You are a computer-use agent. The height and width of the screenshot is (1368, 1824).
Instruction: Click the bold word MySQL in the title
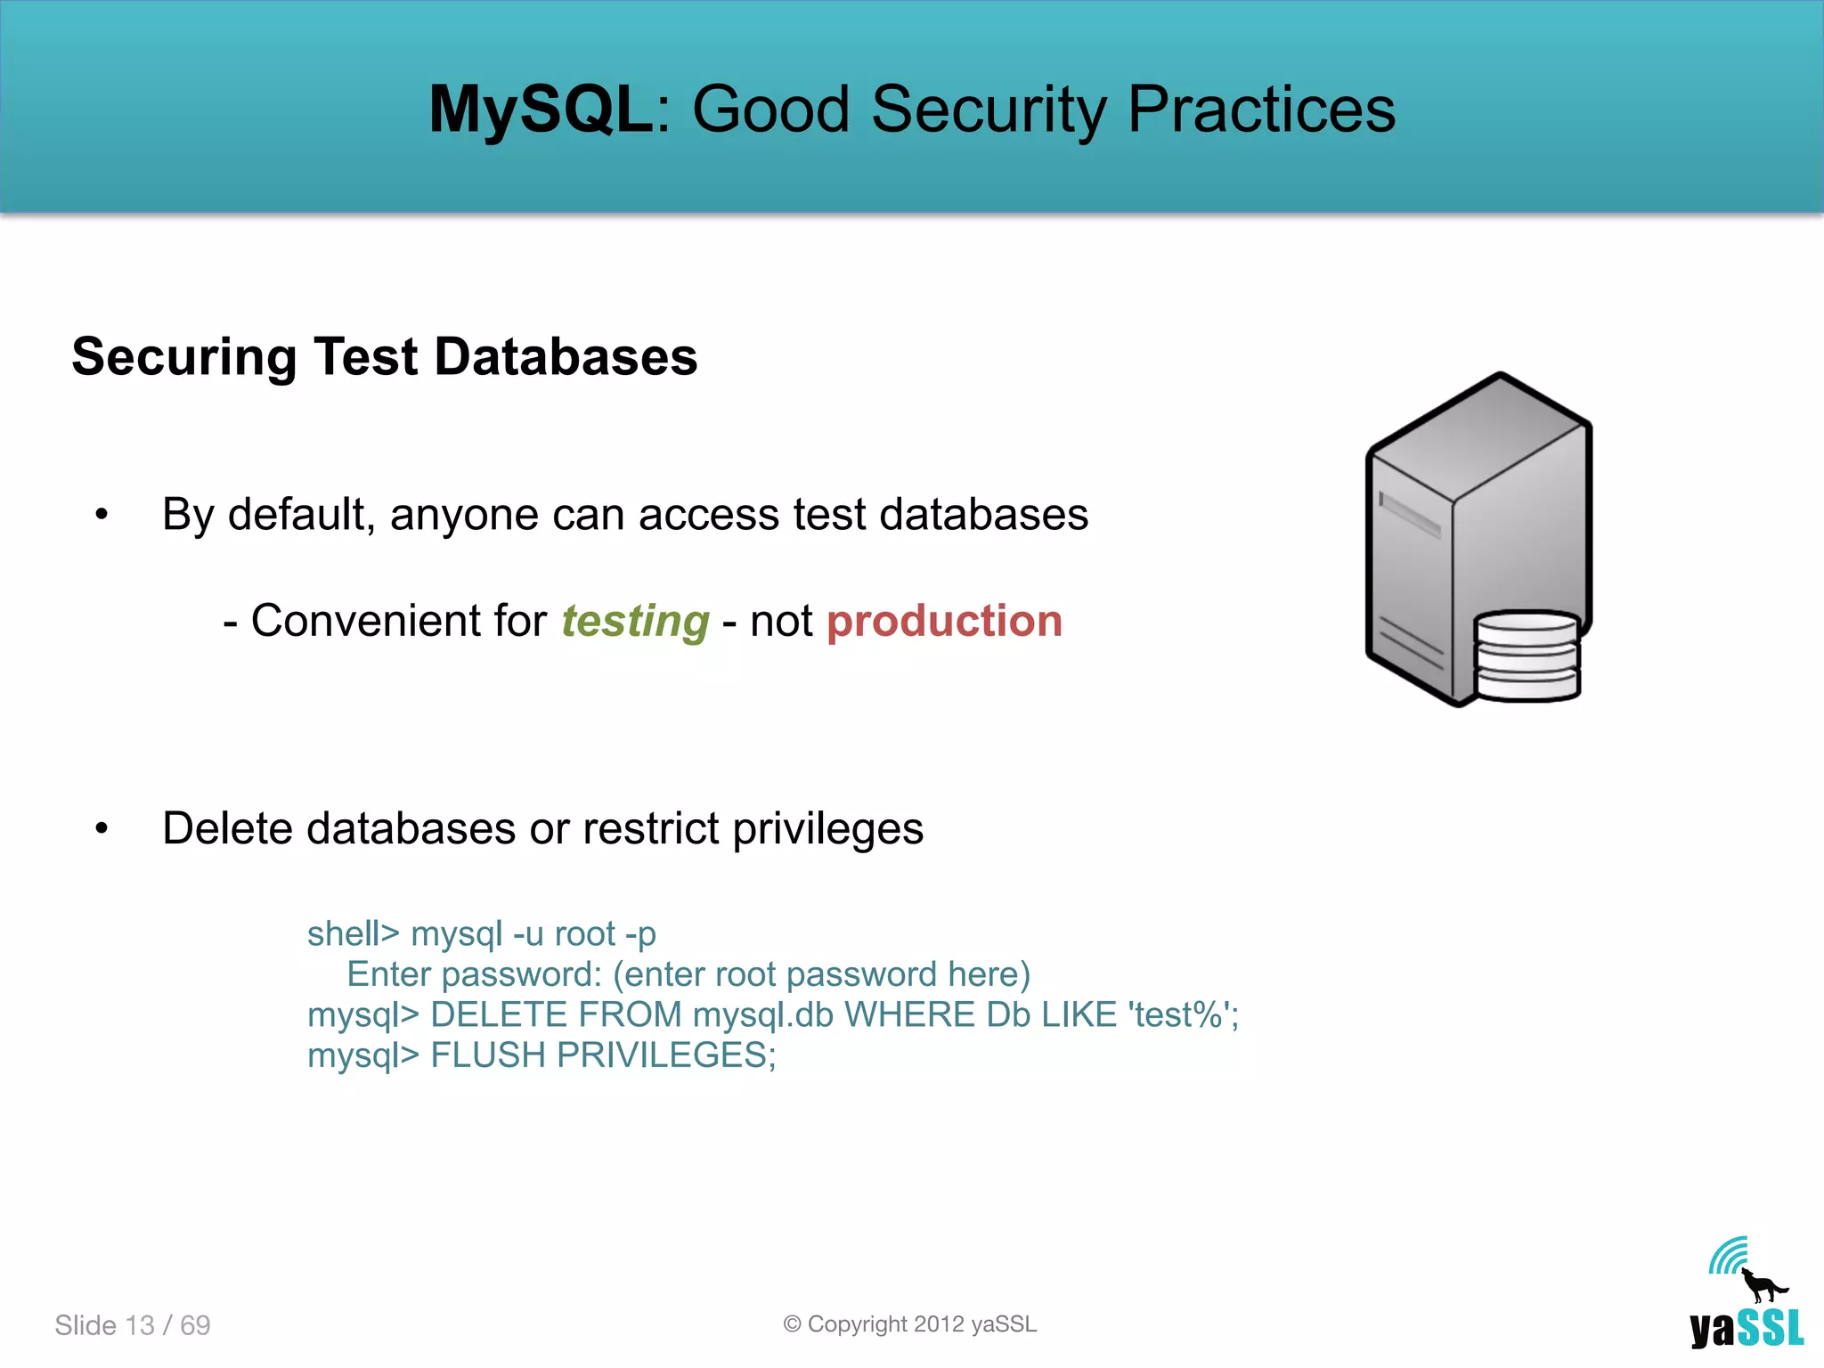tap(541, 110)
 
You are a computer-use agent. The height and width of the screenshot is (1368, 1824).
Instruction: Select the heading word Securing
tap(183, 357)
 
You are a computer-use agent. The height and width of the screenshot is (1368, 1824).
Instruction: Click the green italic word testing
tap(635, 621)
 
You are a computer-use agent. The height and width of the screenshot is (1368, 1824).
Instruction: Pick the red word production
tap(944, 621)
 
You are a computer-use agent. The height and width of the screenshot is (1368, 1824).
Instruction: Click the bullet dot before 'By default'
tap(102, 514)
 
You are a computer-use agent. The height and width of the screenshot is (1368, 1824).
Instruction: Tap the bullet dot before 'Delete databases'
tap(102, 828)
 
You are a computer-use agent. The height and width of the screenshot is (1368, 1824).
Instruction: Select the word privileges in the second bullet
tap(827, 829)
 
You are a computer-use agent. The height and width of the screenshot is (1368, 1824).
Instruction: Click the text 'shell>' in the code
tap(353, 934)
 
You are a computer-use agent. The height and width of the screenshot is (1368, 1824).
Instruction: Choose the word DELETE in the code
tap(499, 1015)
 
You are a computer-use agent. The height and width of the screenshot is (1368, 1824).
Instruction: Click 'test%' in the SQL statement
tap(1179, 1015)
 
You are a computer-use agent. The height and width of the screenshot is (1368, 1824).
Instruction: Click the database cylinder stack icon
tap(1527, 656)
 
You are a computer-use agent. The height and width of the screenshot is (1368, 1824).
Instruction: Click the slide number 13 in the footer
tap(140, 1325)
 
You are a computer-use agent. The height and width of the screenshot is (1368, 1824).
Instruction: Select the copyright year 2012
tap(939, 1324)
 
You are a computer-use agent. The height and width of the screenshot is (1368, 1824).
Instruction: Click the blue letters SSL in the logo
tap(1771, 1329)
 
